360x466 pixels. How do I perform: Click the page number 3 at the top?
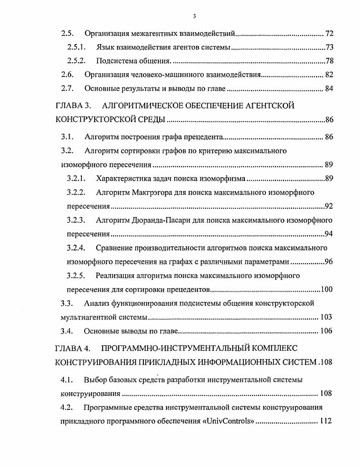[194, 16]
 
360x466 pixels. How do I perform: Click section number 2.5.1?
[76, 47]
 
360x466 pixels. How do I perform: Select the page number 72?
[330, 34]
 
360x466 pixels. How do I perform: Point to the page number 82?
[329, 75]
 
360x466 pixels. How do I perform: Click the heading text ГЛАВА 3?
[73, 106]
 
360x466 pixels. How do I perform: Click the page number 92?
[329, 207]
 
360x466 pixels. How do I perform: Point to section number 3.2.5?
[76, 276]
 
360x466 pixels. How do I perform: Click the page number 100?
[327, 289]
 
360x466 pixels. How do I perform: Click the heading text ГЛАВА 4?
[73, 349]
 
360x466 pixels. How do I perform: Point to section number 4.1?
[67, 379]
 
